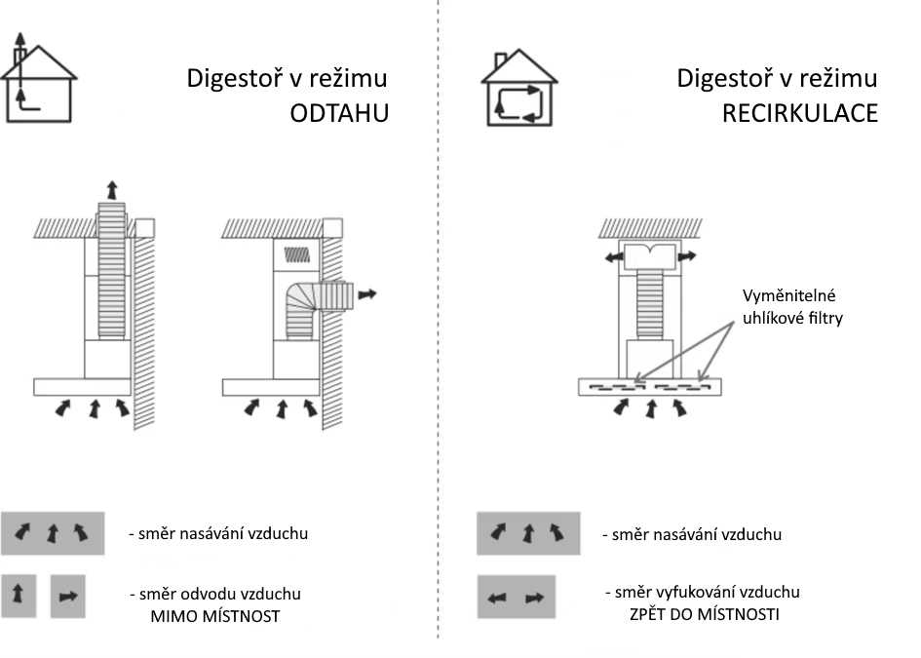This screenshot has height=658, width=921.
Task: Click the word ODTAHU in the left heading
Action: [339, 113]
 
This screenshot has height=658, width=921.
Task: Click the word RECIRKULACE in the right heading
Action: [799, 113]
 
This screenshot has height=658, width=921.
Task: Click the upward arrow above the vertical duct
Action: [112, 189]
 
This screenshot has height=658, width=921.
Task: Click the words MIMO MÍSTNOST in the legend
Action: [214, 616]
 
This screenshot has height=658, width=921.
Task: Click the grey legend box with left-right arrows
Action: [516, 598]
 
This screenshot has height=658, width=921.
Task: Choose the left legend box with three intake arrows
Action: [53, 532]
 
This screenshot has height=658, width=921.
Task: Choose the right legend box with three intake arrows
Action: [527, 533]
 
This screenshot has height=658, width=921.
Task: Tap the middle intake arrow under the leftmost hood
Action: [94, 407]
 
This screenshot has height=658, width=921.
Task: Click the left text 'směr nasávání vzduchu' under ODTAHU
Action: [217, 533]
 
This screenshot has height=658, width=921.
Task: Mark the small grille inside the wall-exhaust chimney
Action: [296, 254]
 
